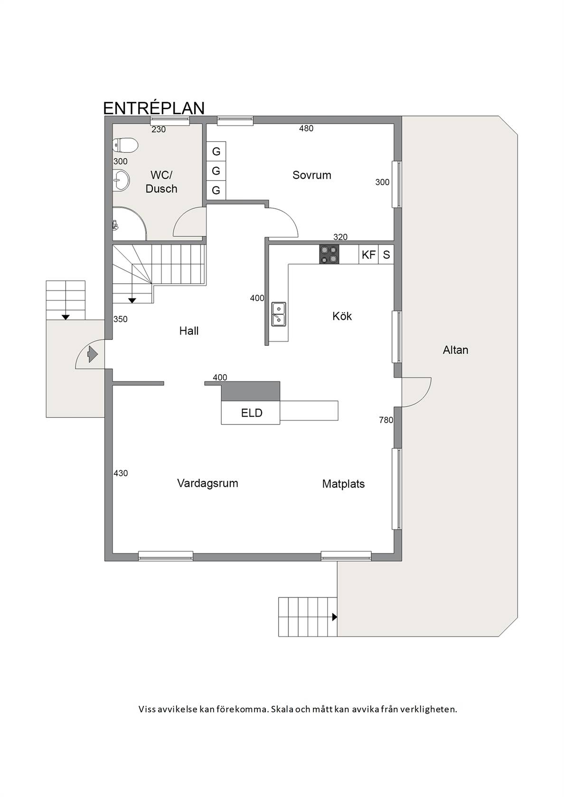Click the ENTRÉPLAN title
[x=154, y=108]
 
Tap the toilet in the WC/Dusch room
[x=125, y=145]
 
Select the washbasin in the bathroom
[x=121, y=180]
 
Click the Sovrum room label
[x=312, y=175]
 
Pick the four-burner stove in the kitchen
[x=329, y=254]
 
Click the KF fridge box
[x=368, y=254]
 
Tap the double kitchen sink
[x=278, y=314]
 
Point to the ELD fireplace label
[x=252, y=413]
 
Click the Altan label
[x=455, y=350]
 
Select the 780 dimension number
[x=386, y=420]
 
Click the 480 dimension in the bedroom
[x=306, y=129]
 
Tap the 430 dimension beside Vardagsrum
[x=121, y=473]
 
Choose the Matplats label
[x=344, y=484]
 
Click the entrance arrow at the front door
[x=93, y=354]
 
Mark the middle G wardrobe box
[x=216, y=171]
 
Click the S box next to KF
[x=386, y=254]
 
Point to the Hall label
[x=189, y=331]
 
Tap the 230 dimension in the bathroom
[x=159, y=130]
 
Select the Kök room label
[x=342, y=316]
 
